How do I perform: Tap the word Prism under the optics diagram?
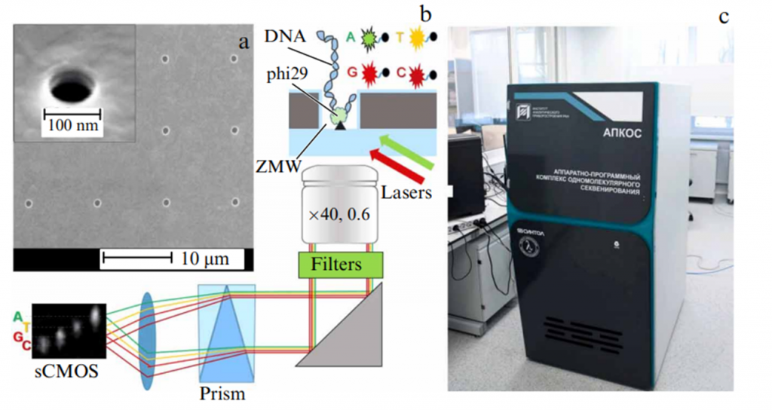pyautogui.click(x=224, y=393)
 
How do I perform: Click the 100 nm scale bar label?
pyautogui.click(x=72, y=125)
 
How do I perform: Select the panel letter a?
pyautogui.click(x=243, y=41)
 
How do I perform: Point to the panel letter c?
pyautogui.click(x=725, y=16)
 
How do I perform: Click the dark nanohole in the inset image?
pyautogui.click(x=69, y=87)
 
